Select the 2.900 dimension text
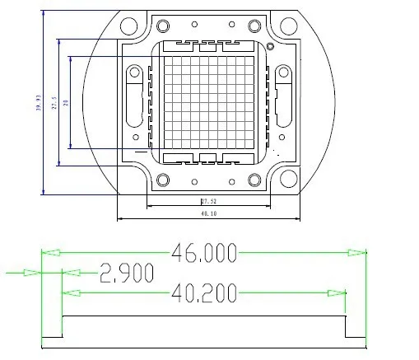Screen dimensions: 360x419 [126, 273]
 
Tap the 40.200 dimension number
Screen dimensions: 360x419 [204, 292]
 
